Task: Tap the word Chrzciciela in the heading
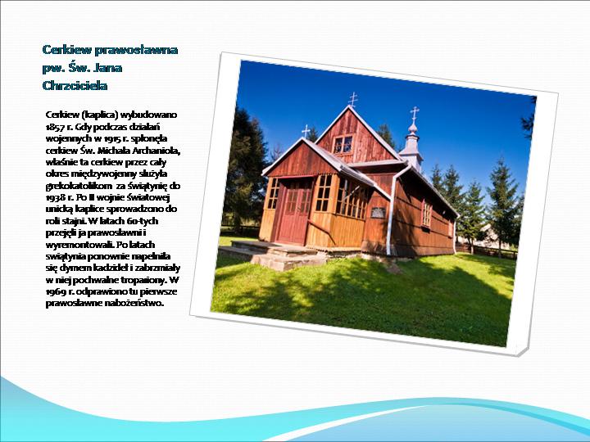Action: tap(75, 86)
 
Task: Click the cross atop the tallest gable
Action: tap(352, 99)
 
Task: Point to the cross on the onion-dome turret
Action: tap(415, 113)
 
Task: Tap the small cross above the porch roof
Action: tap(306, 131)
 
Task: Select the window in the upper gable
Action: tap(343, 145)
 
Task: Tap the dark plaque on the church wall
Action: tap(378, 212)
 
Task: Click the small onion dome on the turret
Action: tap(413, 129)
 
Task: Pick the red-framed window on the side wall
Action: tap(427, 214)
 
